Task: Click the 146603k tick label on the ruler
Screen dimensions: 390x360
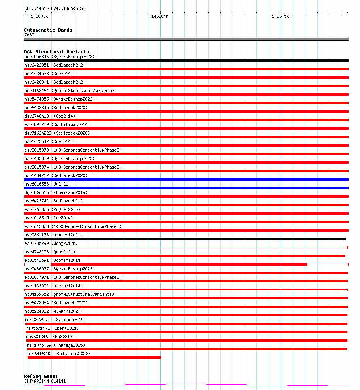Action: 39,17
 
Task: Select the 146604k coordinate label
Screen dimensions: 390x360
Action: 160,17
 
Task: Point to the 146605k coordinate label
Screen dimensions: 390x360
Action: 280,17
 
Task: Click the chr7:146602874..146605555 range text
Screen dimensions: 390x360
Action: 54,8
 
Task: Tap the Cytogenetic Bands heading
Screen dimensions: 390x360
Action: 48,30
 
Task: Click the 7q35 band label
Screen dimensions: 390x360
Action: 29,35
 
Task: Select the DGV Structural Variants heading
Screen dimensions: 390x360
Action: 56,52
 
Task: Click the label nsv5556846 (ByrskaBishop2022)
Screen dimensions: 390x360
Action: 59,57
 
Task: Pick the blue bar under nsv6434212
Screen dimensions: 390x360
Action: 186,179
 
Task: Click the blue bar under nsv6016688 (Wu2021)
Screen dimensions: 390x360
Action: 186,188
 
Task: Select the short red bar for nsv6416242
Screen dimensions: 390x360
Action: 94,358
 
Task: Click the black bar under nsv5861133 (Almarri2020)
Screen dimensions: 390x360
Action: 185,239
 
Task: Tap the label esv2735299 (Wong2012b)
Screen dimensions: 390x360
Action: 51,243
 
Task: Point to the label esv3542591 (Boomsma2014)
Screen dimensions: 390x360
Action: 53,260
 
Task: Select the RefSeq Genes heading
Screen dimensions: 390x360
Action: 41,376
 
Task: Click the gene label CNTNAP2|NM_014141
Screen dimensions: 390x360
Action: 44,381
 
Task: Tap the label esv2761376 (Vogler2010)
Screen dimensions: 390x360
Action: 52,209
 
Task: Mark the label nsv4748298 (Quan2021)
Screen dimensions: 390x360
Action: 49,252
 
